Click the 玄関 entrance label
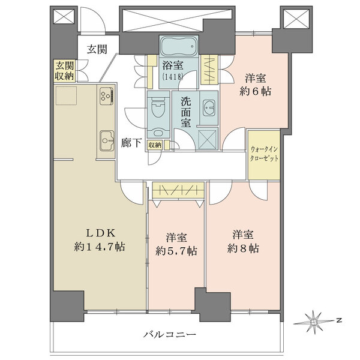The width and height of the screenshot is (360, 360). coord(97,49)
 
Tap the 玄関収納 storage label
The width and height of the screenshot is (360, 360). coord(65,71)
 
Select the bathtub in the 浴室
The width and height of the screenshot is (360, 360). coord(179,46)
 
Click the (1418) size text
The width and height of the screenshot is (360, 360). coord(173,76)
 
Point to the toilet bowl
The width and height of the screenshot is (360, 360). coord(158,107)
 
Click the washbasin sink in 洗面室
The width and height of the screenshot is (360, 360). coord(209,107)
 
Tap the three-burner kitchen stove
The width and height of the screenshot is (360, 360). coord(107,95)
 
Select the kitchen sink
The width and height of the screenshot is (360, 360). coord(107,141)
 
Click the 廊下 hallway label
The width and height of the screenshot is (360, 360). coord(131,143)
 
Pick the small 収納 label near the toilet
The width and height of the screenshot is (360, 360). coord(155,145)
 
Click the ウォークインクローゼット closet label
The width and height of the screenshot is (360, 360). coord(264,154)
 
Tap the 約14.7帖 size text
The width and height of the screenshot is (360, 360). coord(100,247)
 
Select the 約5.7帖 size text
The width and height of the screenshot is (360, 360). coord(176,251)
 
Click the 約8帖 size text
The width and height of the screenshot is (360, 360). coord(243,248)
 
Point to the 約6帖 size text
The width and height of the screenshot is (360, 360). coord(256,92)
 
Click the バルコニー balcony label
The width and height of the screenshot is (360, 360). coord(170,334)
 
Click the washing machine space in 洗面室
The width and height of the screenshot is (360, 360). coord(208,139)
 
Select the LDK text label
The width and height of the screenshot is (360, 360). coord(100,233)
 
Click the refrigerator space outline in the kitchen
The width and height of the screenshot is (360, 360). coord(67,95)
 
